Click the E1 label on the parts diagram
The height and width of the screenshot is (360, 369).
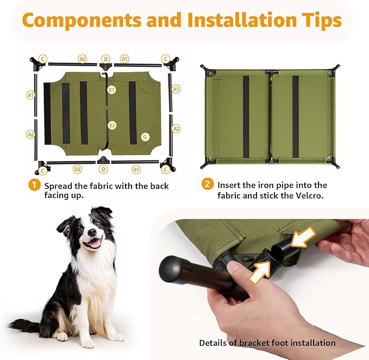click(x=111, y=89)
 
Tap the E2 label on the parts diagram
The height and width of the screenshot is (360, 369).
click(x=112, y=125)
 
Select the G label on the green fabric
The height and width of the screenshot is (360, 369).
click(x=145, y=136)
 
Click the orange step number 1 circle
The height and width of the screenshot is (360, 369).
click(x=35, y=185)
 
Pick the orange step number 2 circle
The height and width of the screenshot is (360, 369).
click(x=207, y=185)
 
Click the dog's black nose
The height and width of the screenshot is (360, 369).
click(x=91, y=232)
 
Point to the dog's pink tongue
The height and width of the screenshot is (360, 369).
click(x=94, y=243)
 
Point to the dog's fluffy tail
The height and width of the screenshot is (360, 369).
click(x=24, y=326)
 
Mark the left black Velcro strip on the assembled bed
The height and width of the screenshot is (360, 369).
click(x=246, y=116)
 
